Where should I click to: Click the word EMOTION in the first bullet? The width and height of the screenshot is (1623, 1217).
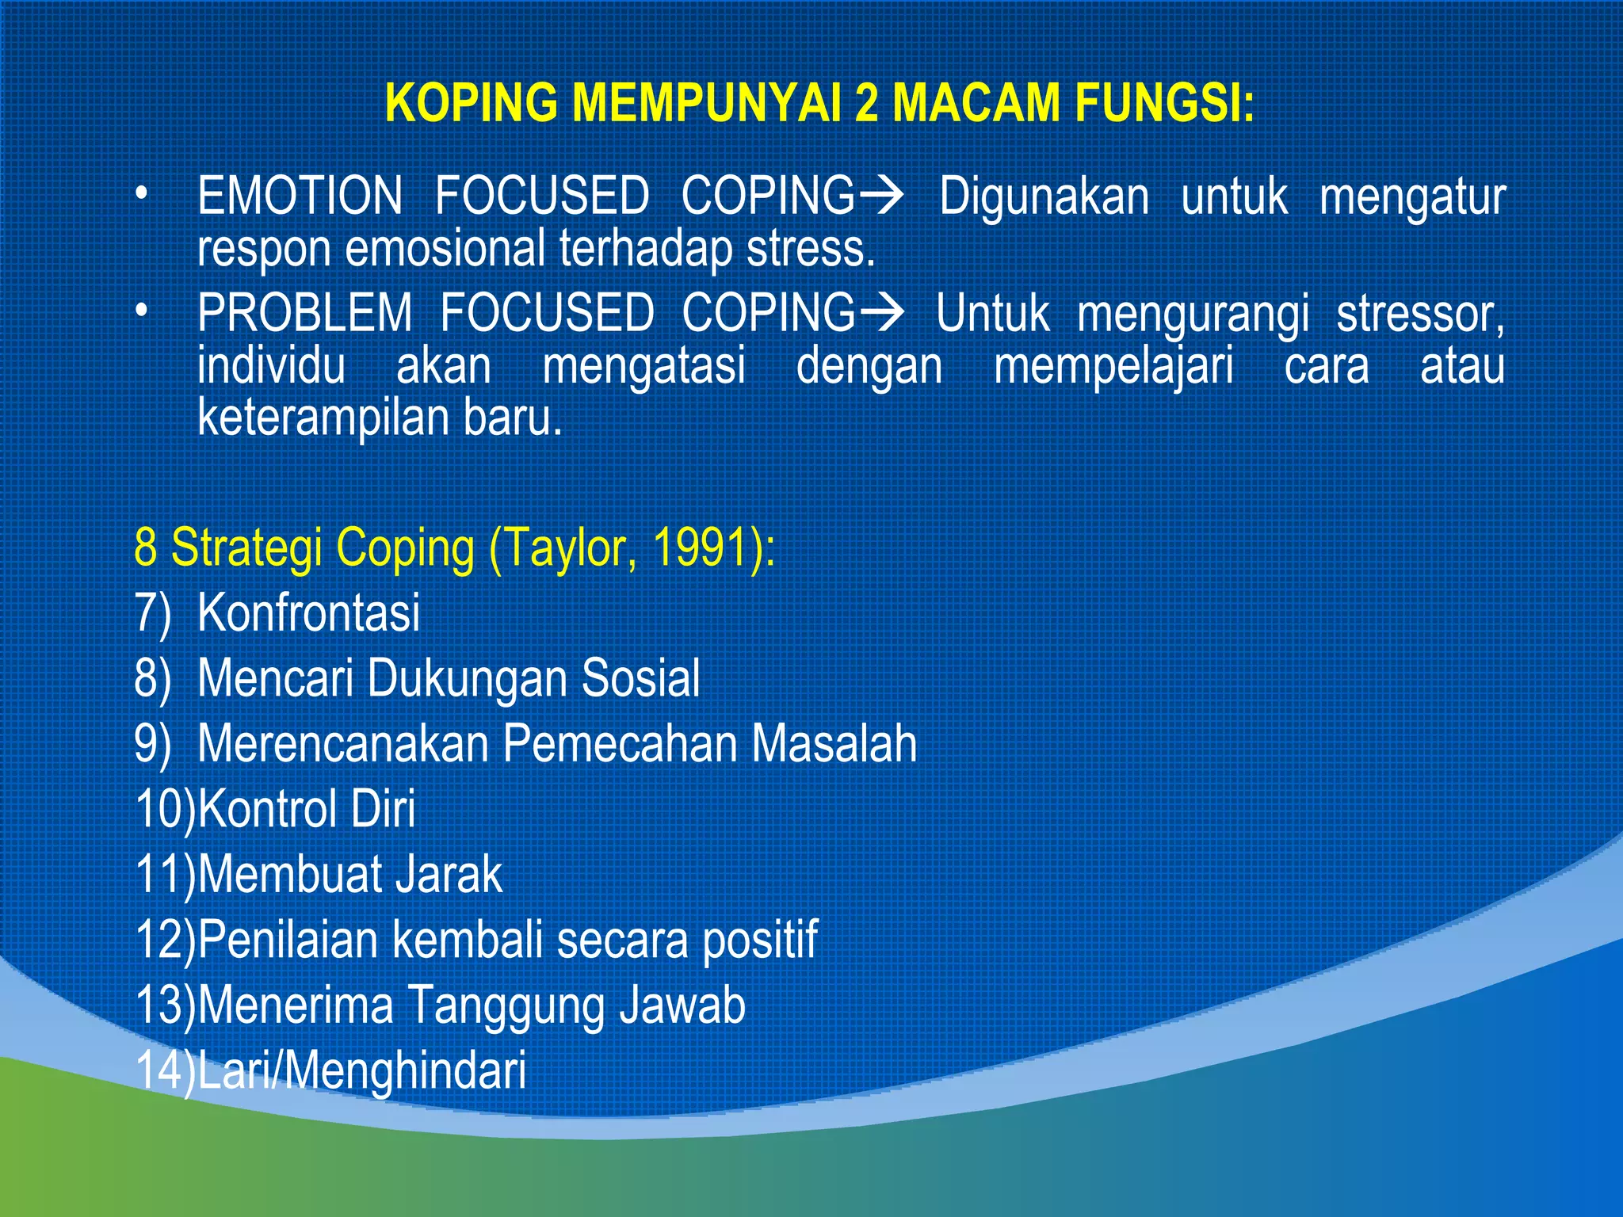click(x=300, y=196)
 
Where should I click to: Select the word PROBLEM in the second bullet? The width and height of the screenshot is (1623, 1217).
click(x=304, y=313)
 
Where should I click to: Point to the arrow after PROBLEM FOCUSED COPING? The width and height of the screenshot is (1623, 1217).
click(x=881, y=312)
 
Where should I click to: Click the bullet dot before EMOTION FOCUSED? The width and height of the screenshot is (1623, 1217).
click(x=141, y=194)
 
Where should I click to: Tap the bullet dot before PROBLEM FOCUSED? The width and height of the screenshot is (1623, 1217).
click(x=141, y=311)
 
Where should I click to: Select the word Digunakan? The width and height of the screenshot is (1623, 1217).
click(x=1044, y=196)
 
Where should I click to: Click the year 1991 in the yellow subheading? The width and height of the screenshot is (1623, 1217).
click(x=701, y=547)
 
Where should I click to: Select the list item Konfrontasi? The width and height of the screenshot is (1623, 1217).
click(x=308, y=612)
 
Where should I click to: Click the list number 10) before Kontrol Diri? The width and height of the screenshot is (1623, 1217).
click(x=165, y=809)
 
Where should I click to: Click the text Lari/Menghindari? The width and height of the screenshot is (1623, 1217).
click(x=361, y=1070)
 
